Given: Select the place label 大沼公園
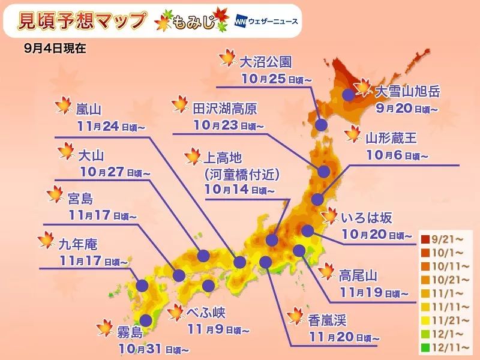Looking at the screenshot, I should [x=265, y=62].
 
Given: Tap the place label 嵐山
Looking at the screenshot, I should [x=89, y=110].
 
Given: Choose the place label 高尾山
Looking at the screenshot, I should [x=358, y=276].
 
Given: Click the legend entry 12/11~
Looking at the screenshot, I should [x=445, y=346].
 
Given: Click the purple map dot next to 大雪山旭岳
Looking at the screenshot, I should [x=347, y=94].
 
